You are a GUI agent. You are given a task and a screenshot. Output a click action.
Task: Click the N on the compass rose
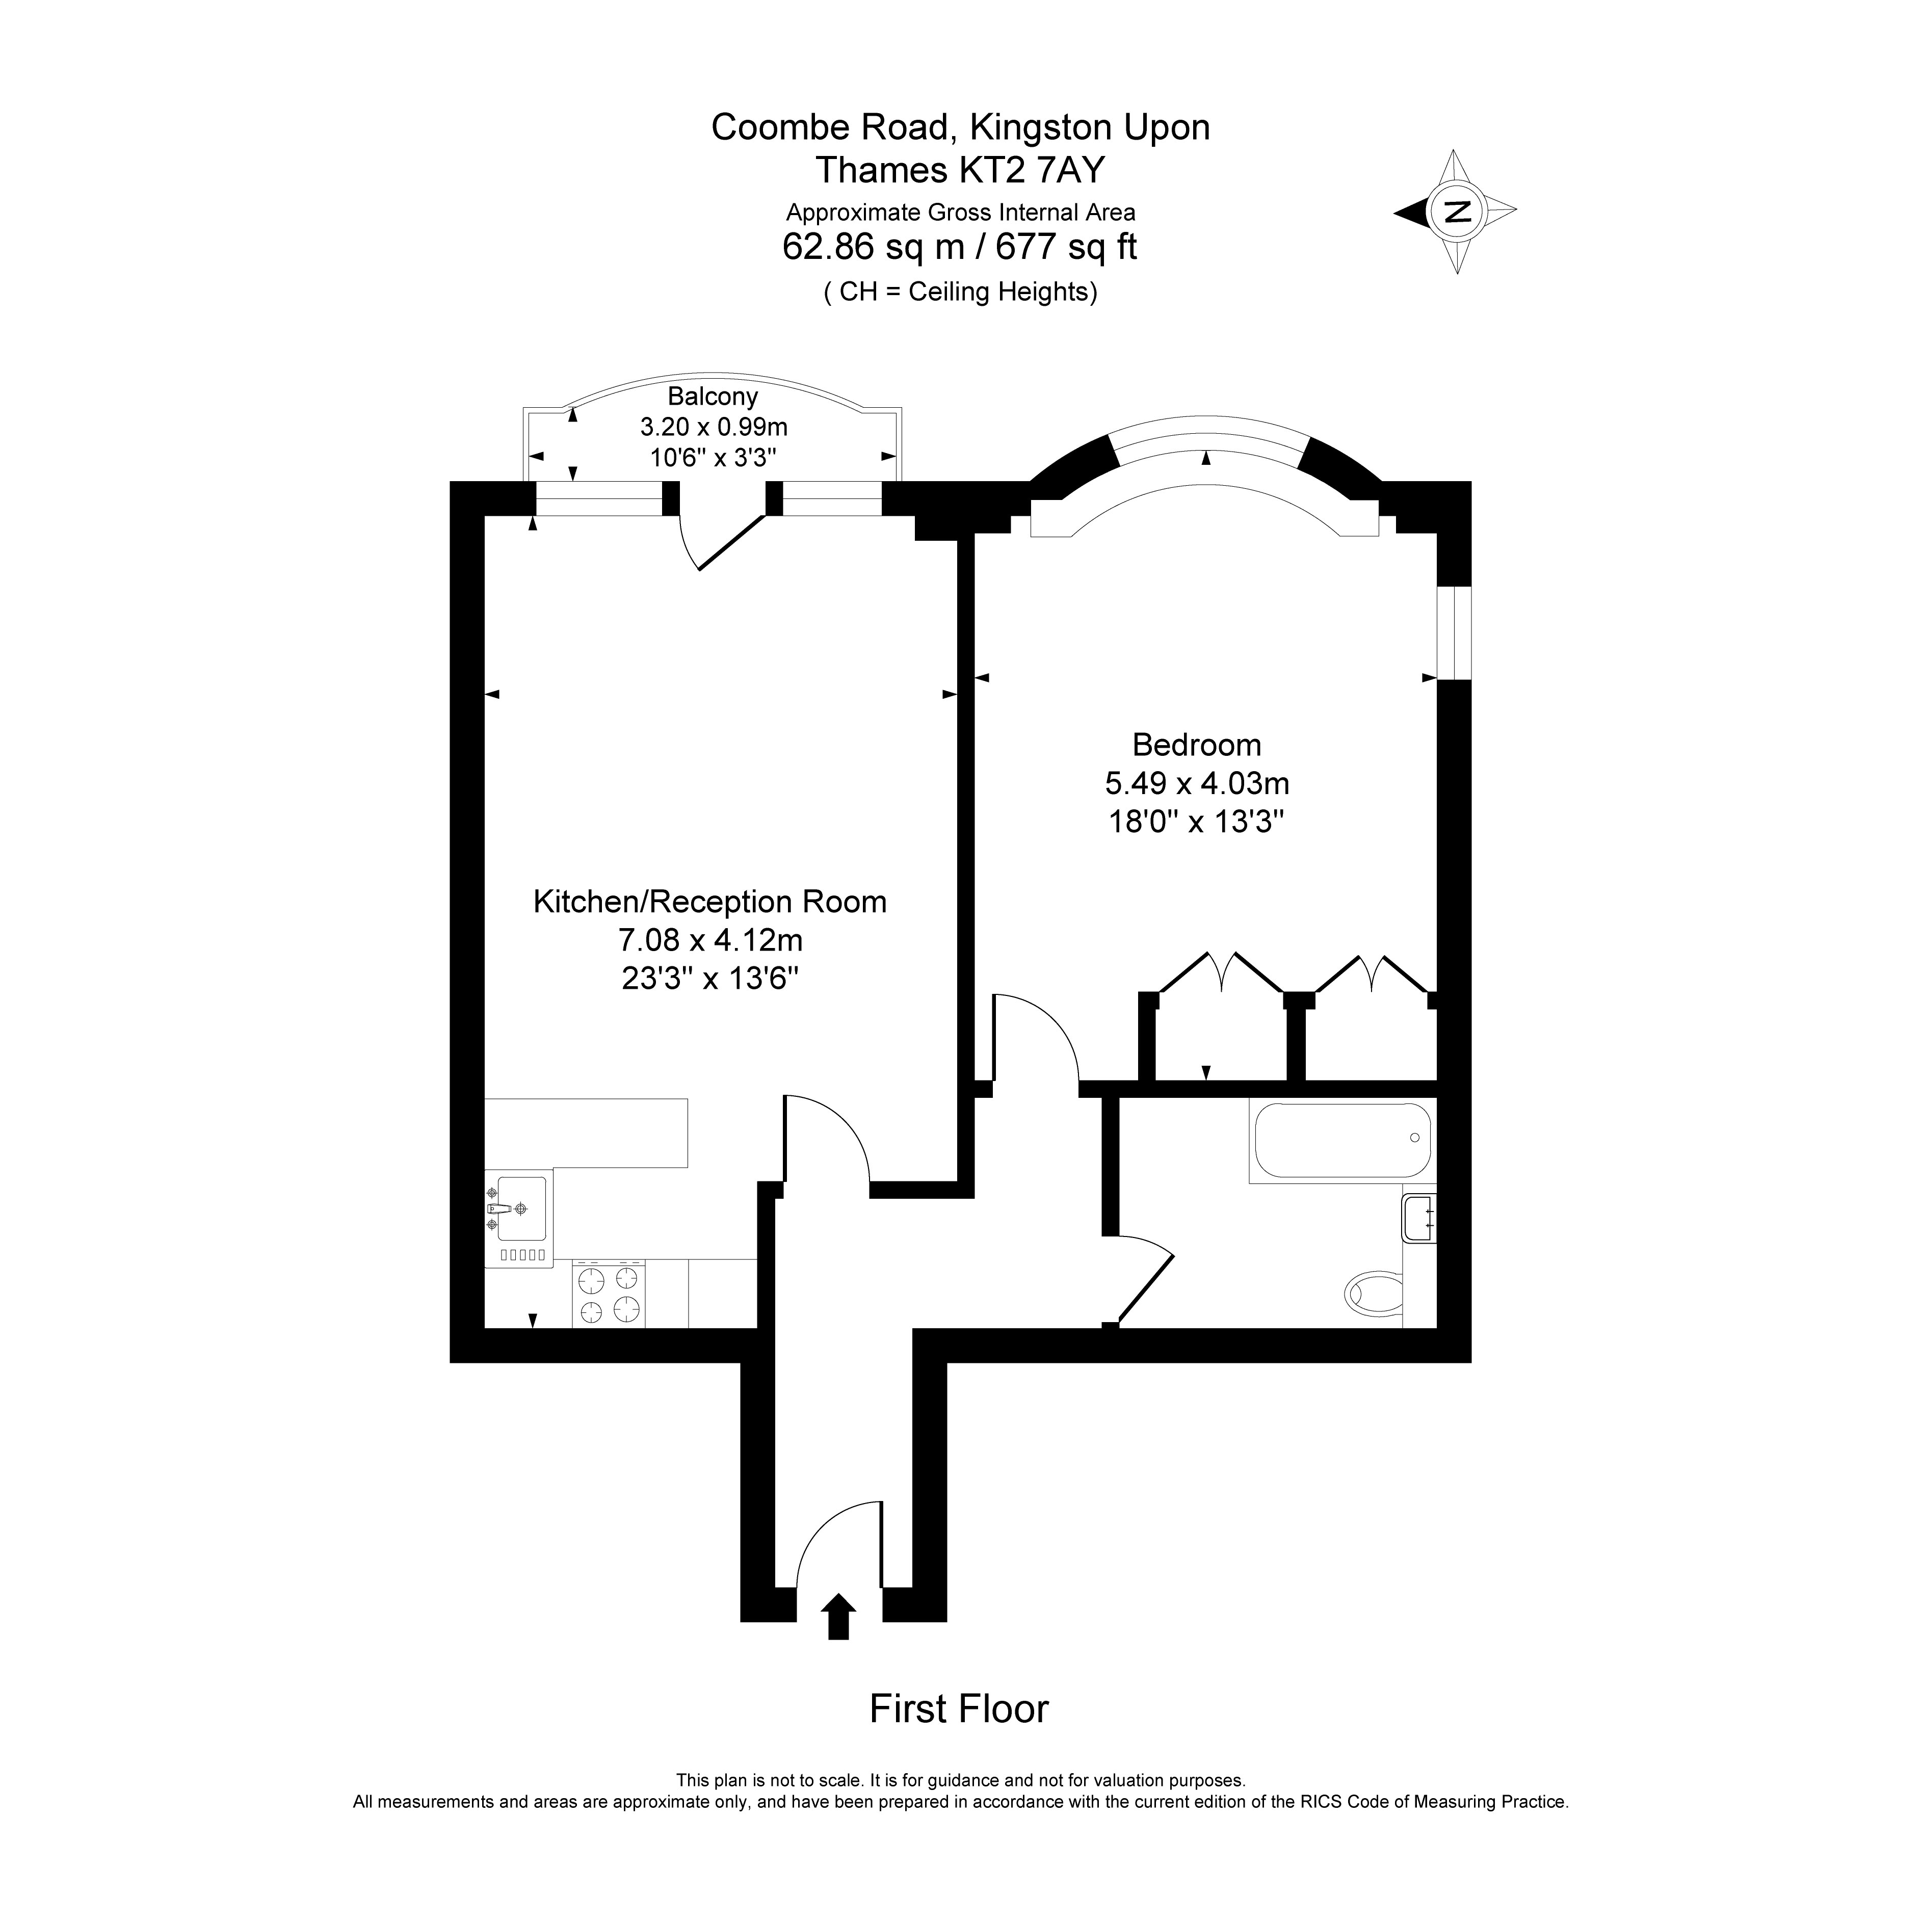point(1457,211)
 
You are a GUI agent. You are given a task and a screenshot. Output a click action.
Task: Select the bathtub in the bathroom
point(1343,1140)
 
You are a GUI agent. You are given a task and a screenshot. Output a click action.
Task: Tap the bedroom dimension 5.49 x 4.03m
point(1197,784)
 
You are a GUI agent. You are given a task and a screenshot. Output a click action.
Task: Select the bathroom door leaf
point(1146,1288)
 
